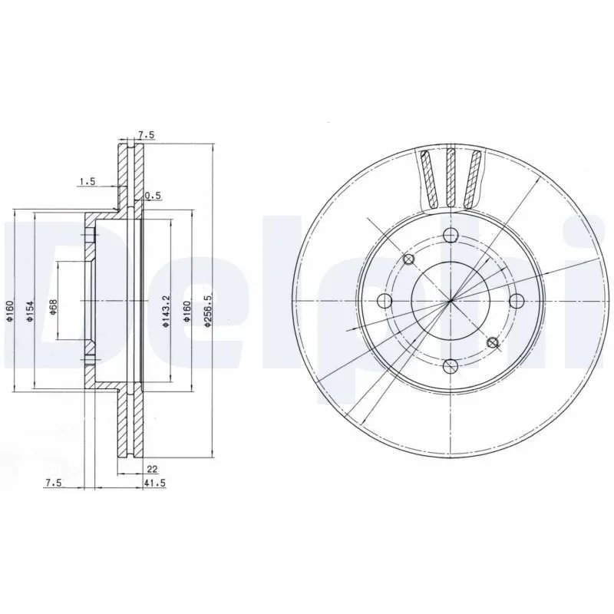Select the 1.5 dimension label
click(x=87, y=182)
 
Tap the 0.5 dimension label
click(x=153, y=196)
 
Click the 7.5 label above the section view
click(x=146, y=135)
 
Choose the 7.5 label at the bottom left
click(x=53, y=482)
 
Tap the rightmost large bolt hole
click(x=516, y=300)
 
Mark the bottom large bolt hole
click(x=451, y=365)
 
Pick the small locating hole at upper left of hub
click(x=408, y=259)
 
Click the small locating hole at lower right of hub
click(x=494, y=343)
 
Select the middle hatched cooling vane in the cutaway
click(x=451, y=177)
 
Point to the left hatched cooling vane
click(x=429, y=178)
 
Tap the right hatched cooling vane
click(x=474, y=178)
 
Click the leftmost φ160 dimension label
click(x=10, y=307)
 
